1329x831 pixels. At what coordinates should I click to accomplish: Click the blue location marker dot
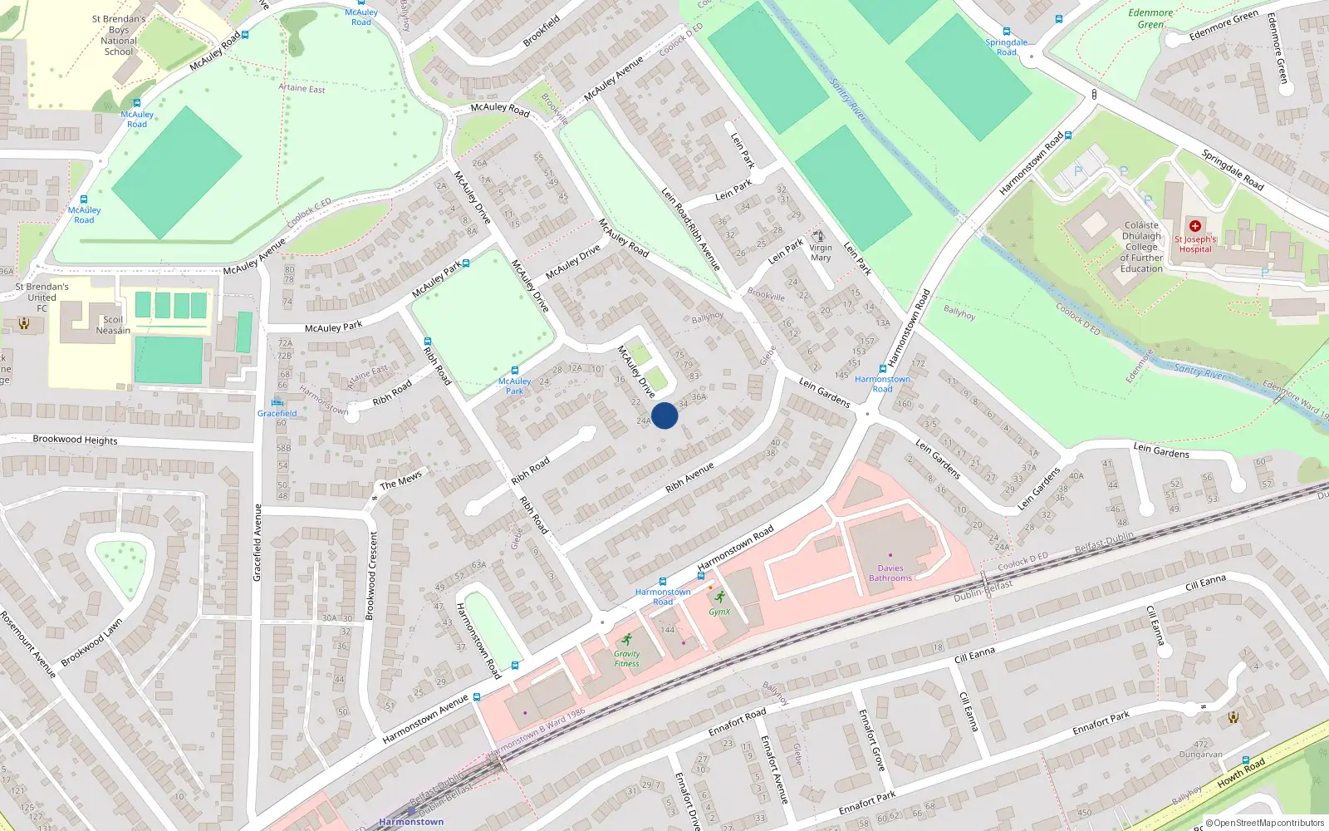[664, 415]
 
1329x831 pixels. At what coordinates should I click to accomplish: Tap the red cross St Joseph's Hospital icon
[1195, 226]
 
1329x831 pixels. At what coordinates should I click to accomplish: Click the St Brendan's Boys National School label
[119, 35]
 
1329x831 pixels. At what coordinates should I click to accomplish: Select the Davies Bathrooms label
[890, 573]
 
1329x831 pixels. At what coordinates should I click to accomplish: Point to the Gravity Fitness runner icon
[627, 639]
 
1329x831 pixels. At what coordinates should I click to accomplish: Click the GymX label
[719, 612]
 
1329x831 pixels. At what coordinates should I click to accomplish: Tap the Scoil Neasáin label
[113, 325]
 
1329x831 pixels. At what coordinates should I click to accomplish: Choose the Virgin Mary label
[821, 253]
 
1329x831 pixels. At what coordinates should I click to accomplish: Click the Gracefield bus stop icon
[277, 402]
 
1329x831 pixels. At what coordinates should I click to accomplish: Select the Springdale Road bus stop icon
[1007, 32]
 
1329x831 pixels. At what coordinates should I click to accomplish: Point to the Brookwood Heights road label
[75, 440]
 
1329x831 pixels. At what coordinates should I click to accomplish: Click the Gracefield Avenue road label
[257, 542]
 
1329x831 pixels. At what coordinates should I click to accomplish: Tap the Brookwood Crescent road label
[371, 576]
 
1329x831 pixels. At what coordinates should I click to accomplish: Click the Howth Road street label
[1241, 773]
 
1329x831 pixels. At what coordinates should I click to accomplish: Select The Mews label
[400, 480]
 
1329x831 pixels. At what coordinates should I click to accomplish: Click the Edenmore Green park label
[1150, 18]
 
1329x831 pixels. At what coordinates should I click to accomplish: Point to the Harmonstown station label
[411, 822]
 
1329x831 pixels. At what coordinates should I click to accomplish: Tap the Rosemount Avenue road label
[28, 644]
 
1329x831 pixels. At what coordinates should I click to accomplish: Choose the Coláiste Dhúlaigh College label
[1141, 247]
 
